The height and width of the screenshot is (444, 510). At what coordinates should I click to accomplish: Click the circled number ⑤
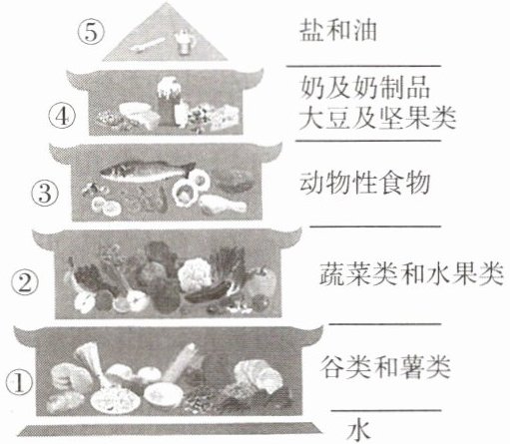(x=91, y=33)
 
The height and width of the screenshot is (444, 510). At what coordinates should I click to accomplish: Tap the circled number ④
(x=62, y=116)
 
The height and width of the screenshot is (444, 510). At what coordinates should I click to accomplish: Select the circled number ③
(x=45, y=194)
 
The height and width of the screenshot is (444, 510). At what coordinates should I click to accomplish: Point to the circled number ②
(x=25, y=282)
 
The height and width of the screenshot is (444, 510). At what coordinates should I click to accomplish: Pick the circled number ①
(x=19, y=382)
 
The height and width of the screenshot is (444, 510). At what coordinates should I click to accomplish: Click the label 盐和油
(x=337, y=31)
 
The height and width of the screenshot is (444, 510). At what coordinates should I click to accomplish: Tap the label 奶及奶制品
(x=365, y=88)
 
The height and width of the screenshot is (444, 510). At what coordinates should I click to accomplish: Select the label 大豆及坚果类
(x=377, y=118)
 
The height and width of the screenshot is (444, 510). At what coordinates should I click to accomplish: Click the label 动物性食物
(x=365, y=183)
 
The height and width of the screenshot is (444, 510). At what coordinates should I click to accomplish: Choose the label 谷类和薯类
(x=386, y=367)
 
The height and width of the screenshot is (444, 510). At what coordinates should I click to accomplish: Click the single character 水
(x=358, y=431)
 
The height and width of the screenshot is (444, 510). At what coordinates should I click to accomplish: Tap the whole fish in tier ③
(x=147, y=171)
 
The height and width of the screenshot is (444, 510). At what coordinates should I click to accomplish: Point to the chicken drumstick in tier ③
(x=223, y=204)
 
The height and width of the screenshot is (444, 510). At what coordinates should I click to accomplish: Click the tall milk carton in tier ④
(x=169, y=102)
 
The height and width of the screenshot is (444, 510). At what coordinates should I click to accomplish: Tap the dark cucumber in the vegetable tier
(x=208, y=292)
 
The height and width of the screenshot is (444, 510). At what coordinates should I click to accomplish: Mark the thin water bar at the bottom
(x=170, y=428)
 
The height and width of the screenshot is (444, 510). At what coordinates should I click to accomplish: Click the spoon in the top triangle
(x=147, y=45)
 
